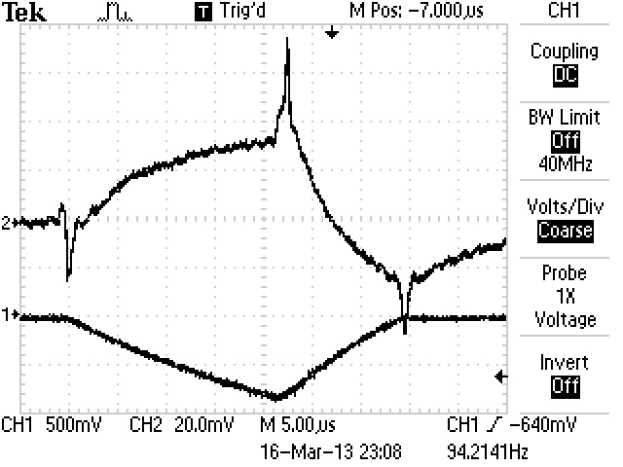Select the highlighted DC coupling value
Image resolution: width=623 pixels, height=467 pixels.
(565, 73)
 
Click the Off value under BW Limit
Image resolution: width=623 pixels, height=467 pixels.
(565, 139)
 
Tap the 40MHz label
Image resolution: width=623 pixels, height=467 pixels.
(565, 163)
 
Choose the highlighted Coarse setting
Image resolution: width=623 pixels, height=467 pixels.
(565, 231)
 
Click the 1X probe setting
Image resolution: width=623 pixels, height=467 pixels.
(565, 297)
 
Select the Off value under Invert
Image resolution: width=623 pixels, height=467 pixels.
(565, 385)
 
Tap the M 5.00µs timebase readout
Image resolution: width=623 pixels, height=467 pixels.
(299, 425)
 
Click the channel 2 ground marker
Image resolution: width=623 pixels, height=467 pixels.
(6, 223)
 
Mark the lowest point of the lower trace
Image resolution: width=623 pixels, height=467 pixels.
(277, 397)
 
